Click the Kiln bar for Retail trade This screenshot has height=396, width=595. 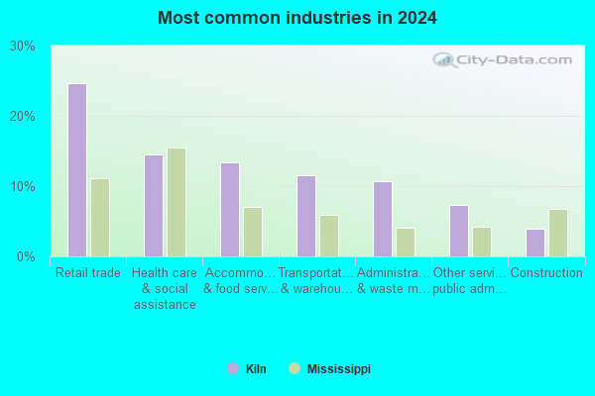click(77, 170)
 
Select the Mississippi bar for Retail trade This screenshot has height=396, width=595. click(100, 218)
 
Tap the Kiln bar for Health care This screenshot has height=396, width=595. click(154, 206)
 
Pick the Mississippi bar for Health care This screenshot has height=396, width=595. click(177, 202)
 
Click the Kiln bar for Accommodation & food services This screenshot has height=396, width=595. click(230, 210)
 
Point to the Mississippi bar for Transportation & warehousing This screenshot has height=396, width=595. click(329, 236)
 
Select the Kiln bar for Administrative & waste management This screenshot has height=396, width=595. click(383, 220)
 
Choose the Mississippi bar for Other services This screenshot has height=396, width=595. click(482, 243)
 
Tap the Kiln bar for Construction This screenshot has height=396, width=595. click(535, 243)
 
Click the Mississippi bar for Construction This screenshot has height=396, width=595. click(558, 233)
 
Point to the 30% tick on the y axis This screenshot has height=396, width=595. click(23, 47)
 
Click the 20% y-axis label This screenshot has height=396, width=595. click(23, 117)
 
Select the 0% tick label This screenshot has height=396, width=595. click(26, 257)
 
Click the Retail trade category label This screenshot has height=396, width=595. click(88, 272)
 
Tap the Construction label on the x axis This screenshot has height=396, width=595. click(546, 272)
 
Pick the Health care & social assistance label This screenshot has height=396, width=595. click(165, 288)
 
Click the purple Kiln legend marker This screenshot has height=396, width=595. click(233, 368)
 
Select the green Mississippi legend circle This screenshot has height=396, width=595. click(295, 368)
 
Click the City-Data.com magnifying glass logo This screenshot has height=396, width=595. click(444, 59)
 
